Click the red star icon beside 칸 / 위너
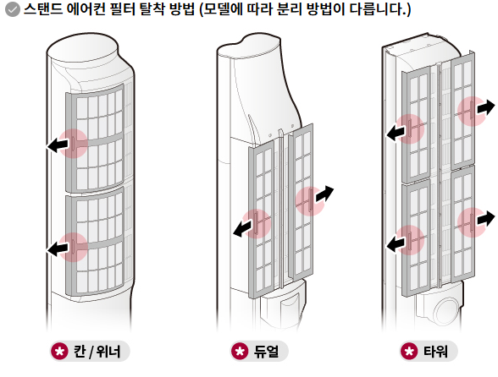(x=60, y=351)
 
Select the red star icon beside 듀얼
(x=240, y=351)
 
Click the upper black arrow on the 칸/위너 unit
(x=58, y=145)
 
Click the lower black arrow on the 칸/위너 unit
(x=58, y=248)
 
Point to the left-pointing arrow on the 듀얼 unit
(x=242, y=227)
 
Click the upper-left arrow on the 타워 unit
(x=396, y=131)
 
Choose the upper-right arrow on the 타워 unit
(x=484, y=109)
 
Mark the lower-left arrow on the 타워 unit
(x=396, y=243)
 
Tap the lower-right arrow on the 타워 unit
(x=484, y=219)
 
